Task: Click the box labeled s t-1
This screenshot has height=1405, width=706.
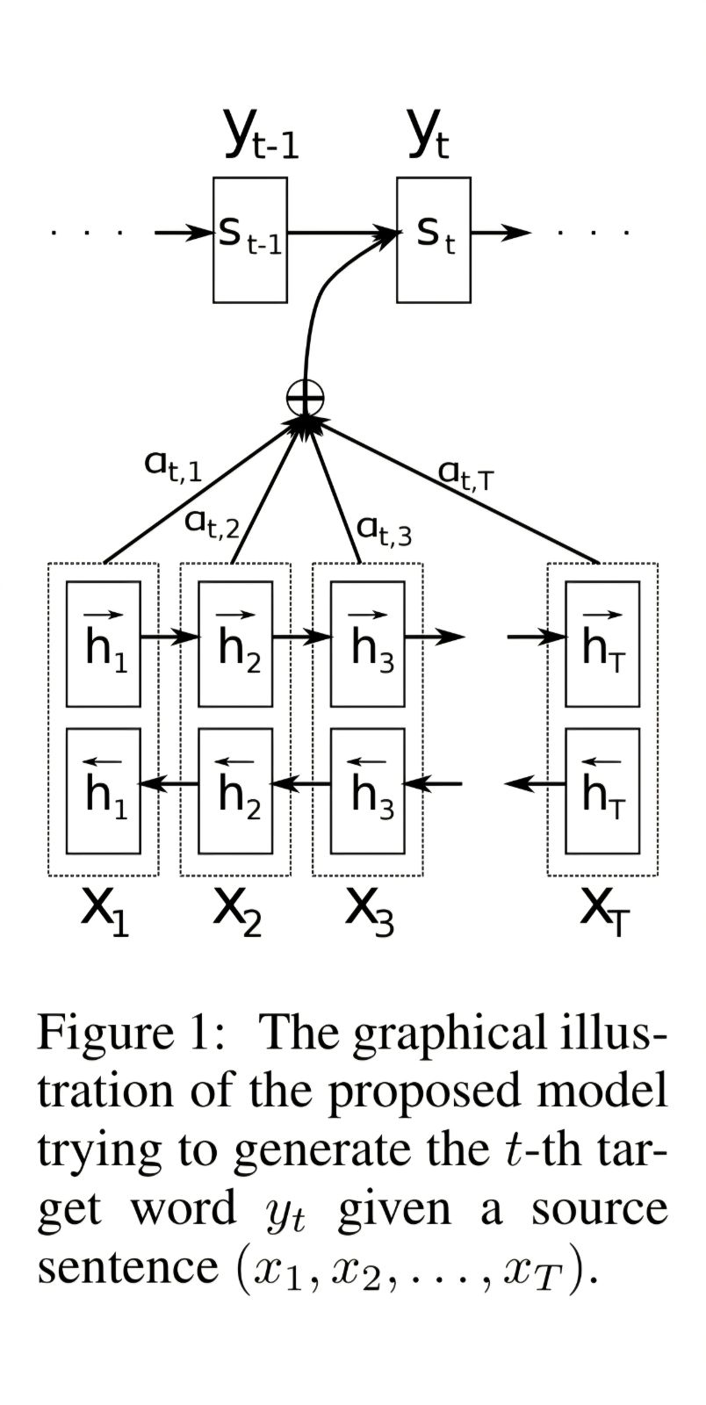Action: click(250, 239)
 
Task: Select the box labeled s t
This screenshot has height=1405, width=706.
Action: click(434, 239)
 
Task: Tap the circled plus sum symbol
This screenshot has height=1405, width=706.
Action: click(305, 400)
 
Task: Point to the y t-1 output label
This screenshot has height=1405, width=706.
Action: click(261, 140)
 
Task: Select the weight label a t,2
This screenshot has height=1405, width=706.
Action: click(212, 523)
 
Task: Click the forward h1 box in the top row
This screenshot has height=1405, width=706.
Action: click(104, 644)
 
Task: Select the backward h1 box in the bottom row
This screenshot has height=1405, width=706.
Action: click(104, 790)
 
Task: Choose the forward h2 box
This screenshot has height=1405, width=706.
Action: click(235, 644)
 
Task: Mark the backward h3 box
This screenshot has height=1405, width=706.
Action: click(368, 790)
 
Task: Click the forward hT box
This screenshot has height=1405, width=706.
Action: click(602, 644)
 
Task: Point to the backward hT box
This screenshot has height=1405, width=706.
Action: click(602, 790)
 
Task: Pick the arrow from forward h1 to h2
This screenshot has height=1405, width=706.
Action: click(169, 636)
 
